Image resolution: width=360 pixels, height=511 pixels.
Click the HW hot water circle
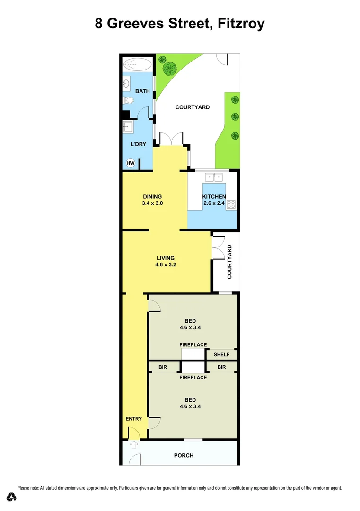pos(131,163)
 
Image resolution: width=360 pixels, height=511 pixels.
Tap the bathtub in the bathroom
pos(138,65)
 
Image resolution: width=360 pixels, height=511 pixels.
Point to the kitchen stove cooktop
pos(231,204)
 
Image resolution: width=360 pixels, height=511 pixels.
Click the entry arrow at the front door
pos(134,444)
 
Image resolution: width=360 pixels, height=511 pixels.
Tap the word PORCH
pos(184,456)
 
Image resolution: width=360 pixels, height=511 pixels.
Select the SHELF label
pos(221,355)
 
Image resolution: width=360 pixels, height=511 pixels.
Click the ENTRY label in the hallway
pos(134,419)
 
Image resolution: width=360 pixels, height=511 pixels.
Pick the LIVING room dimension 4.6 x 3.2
pos(166,265)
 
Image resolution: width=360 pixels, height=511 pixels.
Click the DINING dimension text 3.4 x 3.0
pos(152,203)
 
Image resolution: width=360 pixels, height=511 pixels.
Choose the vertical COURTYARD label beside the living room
pos(229,261)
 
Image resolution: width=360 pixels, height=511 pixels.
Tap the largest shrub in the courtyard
pos(169,69)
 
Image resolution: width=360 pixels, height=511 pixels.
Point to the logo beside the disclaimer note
pos(12,497)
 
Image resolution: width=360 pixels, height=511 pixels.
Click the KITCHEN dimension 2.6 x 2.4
pos(214,203)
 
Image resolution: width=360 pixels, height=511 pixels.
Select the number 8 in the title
pos(99,24)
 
